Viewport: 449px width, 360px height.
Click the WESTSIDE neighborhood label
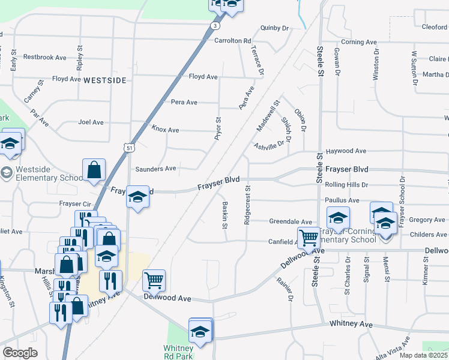coord(105,80)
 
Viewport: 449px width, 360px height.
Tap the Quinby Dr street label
coord(274,28)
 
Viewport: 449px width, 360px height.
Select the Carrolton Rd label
coord(233,41)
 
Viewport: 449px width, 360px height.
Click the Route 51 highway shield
coord(129,146)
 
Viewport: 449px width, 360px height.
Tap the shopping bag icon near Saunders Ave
coord(94,170)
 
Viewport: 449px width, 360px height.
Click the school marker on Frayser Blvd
coord(137,197)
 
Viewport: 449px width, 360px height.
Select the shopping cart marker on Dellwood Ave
coord(154,280)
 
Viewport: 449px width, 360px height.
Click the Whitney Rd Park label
coord(178,353)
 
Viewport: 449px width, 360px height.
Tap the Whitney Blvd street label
coord(351,325)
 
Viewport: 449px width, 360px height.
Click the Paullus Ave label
coord(342,200)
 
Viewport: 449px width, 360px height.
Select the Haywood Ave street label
coord(346,151)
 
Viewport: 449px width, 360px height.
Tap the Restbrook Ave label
coord(44,58)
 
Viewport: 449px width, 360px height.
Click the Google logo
coord(20,353)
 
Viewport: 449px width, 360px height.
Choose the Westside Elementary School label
coord(49,174)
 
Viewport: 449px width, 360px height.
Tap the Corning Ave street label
coord(358,42)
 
